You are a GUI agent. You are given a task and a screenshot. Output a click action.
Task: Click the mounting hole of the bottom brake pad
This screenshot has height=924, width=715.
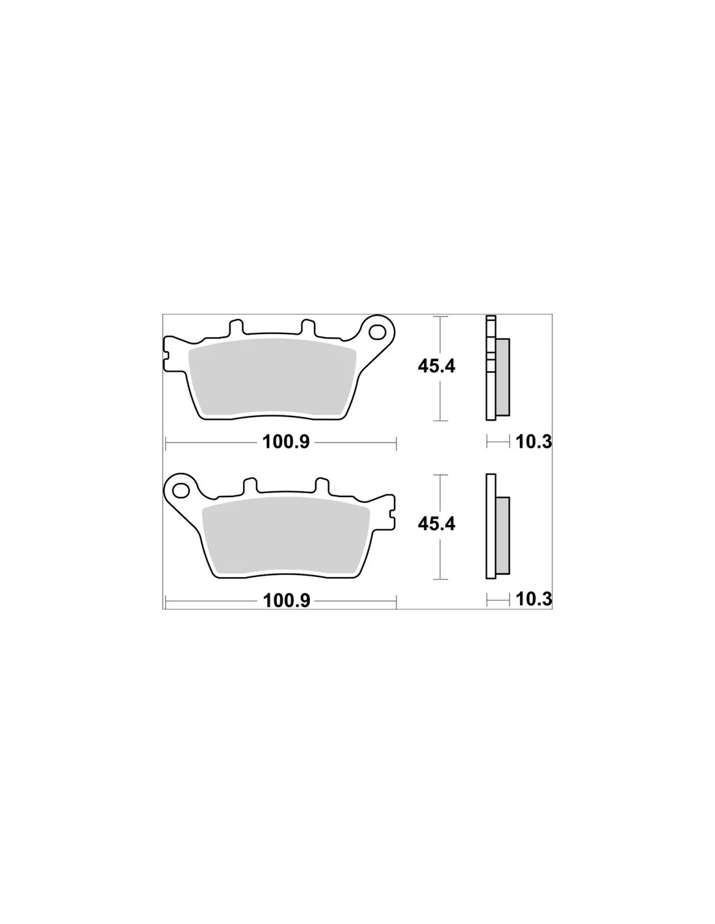181,491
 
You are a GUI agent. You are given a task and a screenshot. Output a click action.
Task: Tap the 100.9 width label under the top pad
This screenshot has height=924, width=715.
286,443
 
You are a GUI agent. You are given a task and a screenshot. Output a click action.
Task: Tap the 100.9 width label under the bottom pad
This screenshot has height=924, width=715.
286,601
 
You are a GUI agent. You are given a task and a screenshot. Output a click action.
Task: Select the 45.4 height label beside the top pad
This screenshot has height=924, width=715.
436,366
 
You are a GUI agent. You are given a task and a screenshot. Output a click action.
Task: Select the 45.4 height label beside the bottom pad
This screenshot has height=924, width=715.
436,524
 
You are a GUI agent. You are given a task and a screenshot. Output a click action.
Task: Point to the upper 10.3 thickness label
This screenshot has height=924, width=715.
534,443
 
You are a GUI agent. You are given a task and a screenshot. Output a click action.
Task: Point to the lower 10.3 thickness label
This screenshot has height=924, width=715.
534,600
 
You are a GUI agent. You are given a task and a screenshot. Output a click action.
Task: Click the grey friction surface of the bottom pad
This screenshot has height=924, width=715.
286,535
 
